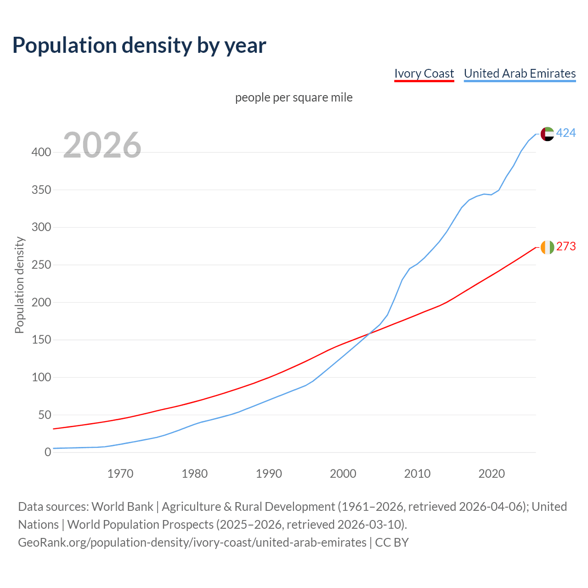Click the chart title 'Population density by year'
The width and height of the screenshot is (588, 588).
coord(139,45)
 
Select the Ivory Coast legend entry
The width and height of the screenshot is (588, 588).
coord(424,73)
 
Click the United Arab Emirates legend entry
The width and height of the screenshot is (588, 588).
coord(520,73)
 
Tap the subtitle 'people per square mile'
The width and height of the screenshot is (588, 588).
coord(294,97)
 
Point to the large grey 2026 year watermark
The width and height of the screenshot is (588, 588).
coord(102,145)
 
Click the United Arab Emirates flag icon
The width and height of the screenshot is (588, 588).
coord(547,134)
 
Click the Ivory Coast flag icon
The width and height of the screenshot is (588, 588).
coord(547,247)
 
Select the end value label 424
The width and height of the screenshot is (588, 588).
coord(566,133)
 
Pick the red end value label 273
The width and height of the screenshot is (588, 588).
coord(566,247)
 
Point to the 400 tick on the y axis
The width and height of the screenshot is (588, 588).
coord(41,152)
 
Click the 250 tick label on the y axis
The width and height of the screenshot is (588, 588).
coord(41,265)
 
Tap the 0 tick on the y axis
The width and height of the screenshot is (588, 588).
coord(48,452)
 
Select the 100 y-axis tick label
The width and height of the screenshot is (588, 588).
coord(41,378)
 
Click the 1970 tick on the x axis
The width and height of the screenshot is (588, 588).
coord(120,474)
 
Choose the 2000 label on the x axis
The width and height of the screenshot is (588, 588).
coord(343,474)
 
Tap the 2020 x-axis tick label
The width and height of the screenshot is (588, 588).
coord(492,474)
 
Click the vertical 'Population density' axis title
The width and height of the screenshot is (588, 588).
coord(19,285)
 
